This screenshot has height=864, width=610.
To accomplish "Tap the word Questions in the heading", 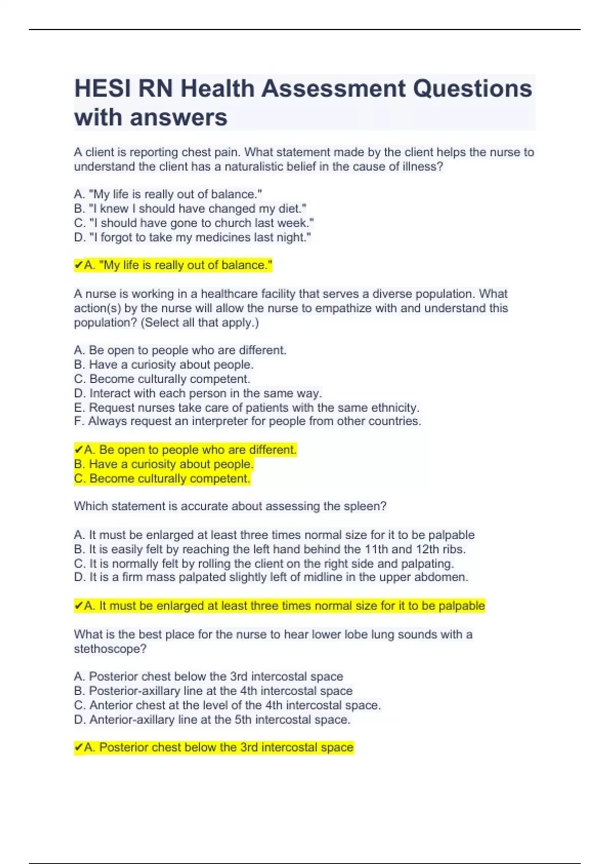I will pos(472,89).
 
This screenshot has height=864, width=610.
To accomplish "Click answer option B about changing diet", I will pos(190,209).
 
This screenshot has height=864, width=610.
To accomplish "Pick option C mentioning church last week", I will pos(194,223).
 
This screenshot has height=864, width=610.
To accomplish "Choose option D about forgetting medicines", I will pos(192,237).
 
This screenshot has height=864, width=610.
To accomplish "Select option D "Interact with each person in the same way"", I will pos(198,393).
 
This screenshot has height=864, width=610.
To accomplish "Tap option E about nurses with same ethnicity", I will pos(247,408).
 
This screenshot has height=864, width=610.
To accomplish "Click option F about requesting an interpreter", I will pos(248,421).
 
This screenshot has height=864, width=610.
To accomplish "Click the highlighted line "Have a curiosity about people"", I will pos(163,464).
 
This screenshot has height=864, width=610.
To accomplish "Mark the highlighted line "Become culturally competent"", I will pos(162,479).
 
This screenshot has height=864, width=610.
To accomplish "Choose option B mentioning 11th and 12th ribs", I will pos(269,549).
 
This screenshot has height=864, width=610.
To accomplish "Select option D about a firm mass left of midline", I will pos(271,577).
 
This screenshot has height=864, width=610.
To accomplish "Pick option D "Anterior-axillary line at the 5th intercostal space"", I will pos(212,720).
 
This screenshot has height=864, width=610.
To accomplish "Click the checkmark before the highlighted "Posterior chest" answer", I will pos(78,748).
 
